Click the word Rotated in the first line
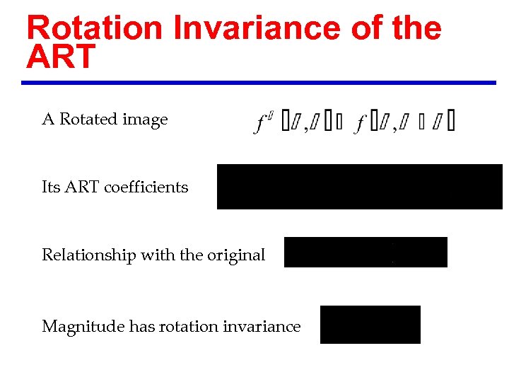pos(88,120)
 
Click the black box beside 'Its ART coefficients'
pos(359,187)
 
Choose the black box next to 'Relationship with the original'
pos(365,253)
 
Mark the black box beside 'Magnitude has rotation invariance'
pos(370,325)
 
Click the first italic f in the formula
pos(261,125)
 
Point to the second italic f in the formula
pos(361,125)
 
